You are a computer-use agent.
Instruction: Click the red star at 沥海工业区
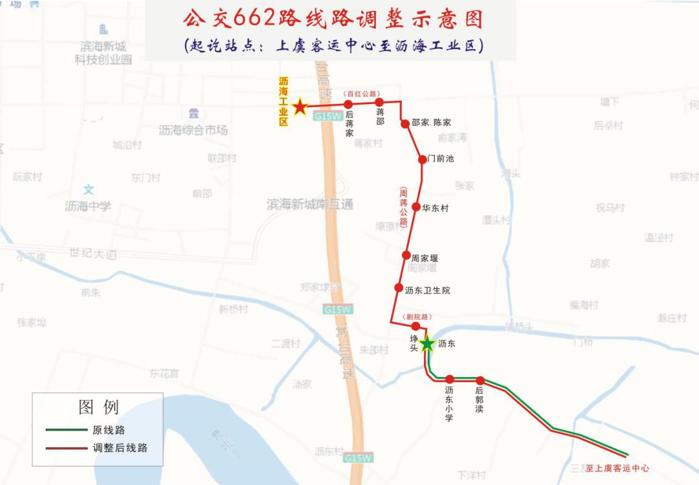pos(300,107)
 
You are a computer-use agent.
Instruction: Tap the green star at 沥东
pos(427,343)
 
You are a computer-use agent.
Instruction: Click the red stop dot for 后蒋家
pos(348,104)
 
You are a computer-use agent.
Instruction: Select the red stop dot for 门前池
pos(422,158)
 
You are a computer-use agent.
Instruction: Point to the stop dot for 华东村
pos(416,208)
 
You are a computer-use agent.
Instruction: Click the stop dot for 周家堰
pos(406,255)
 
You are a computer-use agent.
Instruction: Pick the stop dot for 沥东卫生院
pos(399,288)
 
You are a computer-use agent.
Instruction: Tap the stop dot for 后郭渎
pos(480,380)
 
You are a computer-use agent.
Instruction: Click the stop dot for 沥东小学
pos(449,380)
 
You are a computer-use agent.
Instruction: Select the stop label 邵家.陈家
pos(431,123)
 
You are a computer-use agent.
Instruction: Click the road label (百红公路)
pos(362,94)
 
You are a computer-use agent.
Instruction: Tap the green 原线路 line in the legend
pos(66,429)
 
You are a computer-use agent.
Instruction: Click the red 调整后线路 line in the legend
pos(66,447)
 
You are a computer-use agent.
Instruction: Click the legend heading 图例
pos(98,407)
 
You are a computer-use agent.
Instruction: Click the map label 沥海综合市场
pos(193,130)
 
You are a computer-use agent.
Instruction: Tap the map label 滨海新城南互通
pos(310,205)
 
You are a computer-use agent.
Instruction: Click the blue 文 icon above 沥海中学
pos(89,190)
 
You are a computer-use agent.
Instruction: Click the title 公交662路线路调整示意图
pos(333,19)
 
